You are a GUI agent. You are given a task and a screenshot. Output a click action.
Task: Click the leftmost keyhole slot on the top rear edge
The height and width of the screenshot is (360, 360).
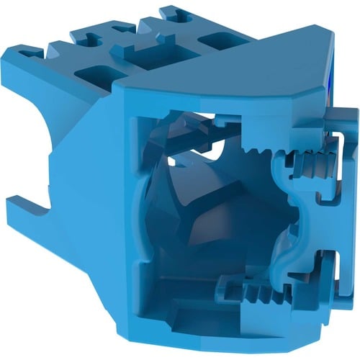pyautogui.click(x=31, y=53)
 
